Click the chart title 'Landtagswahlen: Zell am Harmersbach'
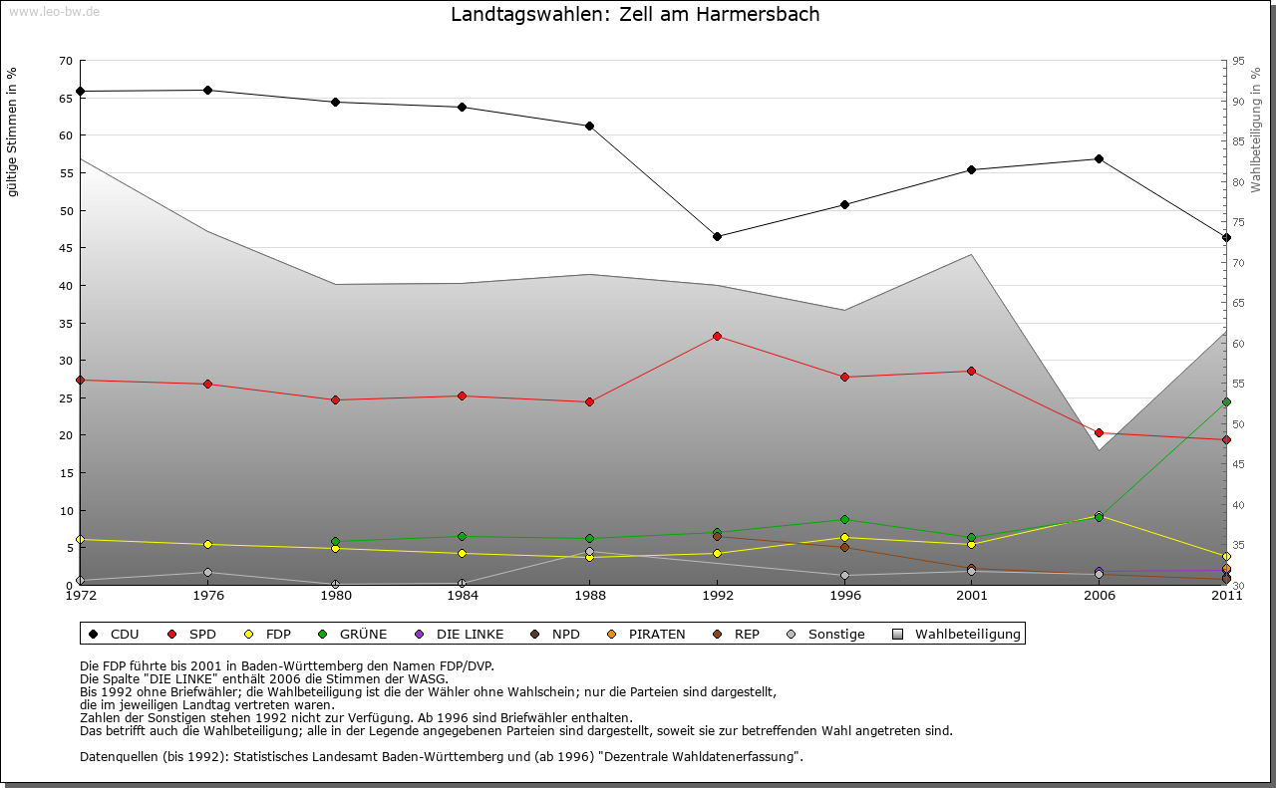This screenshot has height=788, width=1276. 635,15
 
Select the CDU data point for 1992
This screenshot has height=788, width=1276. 717,237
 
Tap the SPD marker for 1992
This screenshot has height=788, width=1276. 717,337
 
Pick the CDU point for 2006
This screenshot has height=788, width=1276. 1099,159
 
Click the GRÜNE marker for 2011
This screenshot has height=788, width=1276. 1226,402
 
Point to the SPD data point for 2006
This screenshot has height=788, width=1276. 1099,433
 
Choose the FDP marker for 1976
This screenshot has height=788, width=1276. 207,545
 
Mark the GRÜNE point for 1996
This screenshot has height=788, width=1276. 844,520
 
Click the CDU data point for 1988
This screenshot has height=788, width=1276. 589,127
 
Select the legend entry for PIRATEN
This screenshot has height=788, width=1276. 648,635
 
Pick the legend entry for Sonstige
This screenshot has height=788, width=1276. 827,635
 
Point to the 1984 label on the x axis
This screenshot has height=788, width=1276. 463,596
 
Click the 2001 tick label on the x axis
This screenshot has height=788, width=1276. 972,596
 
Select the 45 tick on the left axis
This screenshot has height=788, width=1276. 66,248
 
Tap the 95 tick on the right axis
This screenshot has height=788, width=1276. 1238,61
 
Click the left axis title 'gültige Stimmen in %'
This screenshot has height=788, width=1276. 13,132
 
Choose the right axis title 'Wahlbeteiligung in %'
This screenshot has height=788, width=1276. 1256,130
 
